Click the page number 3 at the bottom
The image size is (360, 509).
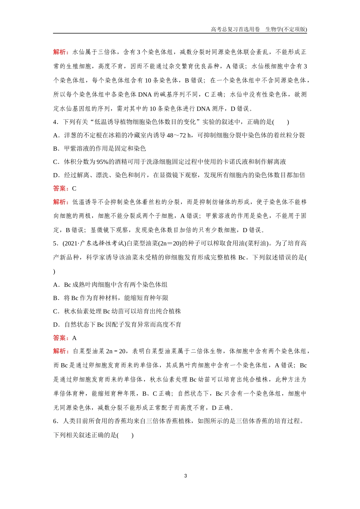pos(185,476)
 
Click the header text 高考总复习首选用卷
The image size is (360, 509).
pos(235,30)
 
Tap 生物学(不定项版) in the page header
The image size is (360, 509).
pos(286,30)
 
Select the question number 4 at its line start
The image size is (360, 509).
pos(55,122)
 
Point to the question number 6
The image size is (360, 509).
pos(55,421)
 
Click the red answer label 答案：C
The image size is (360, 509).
pos(64,189)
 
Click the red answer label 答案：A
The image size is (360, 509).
pos(64,338)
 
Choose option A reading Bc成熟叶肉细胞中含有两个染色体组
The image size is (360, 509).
pos(110,285)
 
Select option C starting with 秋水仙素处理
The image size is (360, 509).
pos(117,311)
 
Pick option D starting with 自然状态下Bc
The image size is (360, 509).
pos(117,325)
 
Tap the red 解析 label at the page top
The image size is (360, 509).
pos(61,52)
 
